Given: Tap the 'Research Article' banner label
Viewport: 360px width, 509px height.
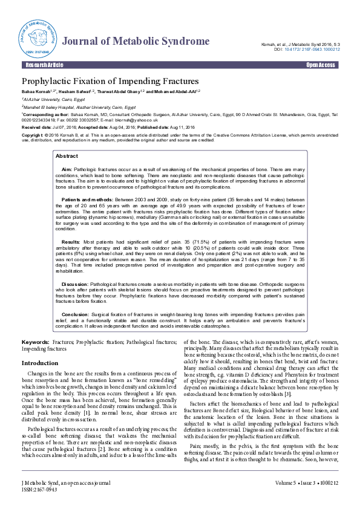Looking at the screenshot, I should pos(43,64).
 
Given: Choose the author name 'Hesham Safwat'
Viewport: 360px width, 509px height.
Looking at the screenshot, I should pos(74,91).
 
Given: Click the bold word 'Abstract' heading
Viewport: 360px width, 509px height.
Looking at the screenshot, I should pos(67,155).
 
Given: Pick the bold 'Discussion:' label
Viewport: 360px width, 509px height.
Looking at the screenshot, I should pos(75,283).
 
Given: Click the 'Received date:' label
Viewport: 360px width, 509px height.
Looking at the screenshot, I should pos(36,128).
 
